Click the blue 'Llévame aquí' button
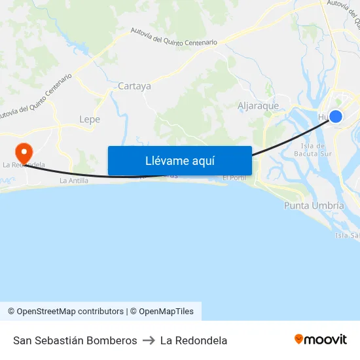[179, 160]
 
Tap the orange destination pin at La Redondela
[24, 153]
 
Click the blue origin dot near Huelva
[335, 117]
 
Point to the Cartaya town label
[134, 86]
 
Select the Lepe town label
[89, 119]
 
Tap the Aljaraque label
[258, 105]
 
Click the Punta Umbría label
[314, 206]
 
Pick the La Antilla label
[73, 180]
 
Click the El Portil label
[234, 178]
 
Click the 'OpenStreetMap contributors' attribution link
[70, 312]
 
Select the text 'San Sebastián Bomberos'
[75, 340]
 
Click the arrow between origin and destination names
[149, 340]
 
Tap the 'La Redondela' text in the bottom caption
[194, 340]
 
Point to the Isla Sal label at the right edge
[347, 236]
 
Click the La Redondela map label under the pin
[24, 165]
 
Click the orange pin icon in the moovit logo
[299, 339]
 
